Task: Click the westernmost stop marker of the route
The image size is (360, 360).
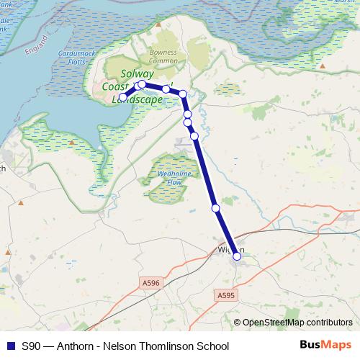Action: (x=123, y=96)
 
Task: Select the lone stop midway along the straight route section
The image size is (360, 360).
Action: (x=215, y=208)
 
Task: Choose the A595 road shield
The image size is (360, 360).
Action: (x=225, y=295)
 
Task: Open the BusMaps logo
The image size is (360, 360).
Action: (x=325, y=345)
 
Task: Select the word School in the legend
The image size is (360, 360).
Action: (x=214, y=346)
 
